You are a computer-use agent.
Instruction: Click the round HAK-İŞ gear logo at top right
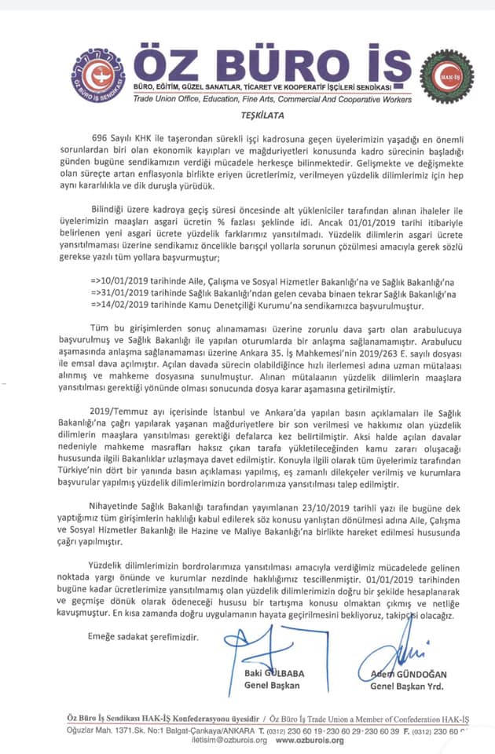click(446, 75)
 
